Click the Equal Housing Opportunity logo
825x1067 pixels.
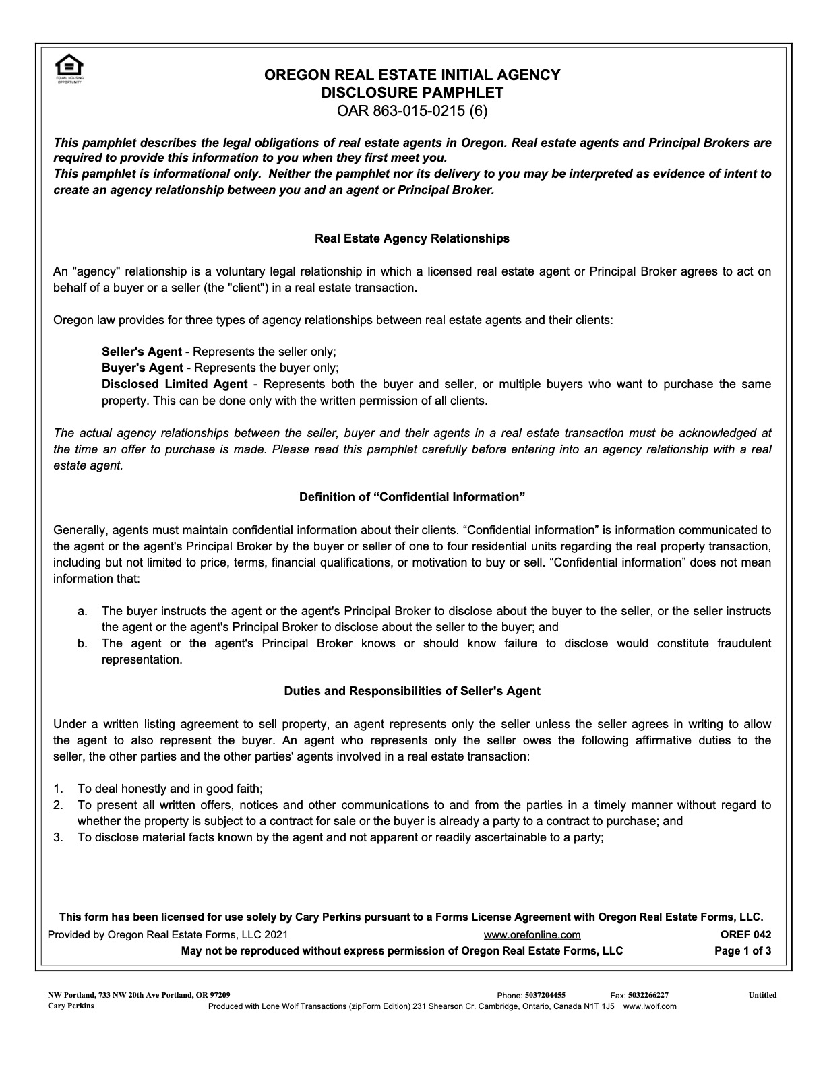69,68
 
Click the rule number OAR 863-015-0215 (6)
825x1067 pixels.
412,110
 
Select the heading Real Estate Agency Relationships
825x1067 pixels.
412,238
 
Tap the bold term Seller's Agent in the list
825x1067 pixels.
142,352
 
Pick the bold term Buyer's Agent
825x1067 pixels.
142,368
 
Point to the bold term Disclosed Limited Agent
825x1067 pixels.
175,384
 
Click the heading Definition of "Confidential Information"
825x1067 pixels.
412,497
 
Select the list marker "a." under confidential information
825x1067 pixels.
82,611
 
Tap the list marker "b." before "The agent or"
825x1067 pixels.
82,643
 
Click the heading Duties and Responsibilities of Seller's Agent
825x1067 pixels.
412,691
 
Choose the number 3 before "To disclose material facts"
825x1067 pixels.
58,837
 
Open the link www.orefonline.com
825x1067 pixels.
532,935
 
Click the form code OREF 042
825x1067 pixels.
745,935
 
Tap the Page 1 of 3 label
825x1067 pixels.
743,951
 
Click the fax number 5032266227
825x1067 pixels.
648,995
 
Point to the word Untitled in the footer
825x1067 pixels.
762,995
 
